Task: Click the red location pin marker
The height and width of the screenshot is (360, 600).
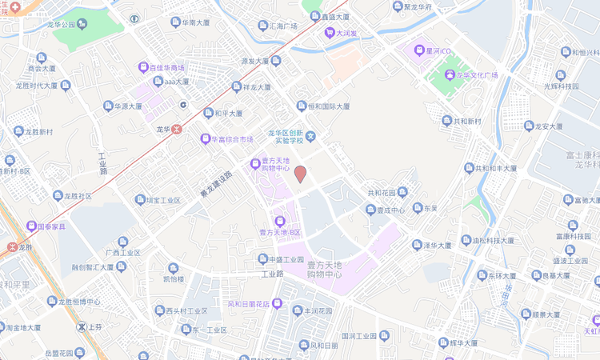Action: click(300, 174)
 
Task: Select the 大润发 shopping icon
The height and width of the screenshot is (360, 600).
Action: click(329, 33)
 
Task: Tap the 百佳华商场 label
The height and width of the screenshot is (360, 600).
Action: click(166, 68)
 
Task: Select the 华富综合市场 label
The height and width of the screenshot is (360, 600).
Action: click(231, 139)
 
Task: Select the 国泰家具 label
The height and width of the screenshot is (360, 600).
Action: click(54, 226)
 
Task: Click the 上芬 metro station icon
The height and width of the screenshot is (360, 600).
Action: click(82, 326)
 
